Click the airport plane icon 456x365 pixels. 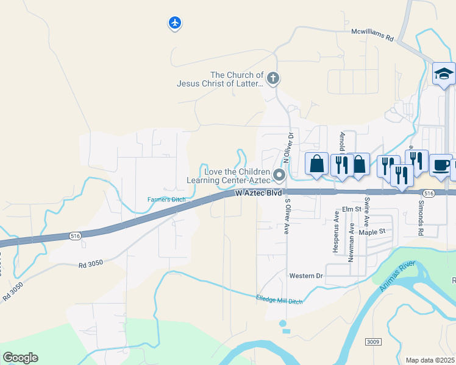pyautogui.click(x=175, y=23)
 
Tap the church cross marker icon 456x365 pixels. pyautogui.click(x=273, y=78)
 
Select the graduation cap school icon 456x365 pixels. pyautogui.click(x=444, y=74)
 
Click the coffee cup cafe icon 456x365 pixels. pyautogui.click(x=440, y=164)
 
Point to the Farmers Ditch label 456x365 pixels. pyautogui.click(x=166, y=200)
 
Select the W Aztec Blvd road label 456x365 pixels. pyautogui.click(x=258, y=193)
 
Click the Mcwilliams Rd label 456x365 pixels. pyautogui.click(x=372, y=34)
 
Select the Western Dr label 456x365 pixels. pyautogui.click(x=305, y=276)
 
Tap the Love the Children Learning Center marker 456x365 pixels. pyautogui.click(x=279, y=175)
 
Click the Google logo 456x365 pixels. pyautogui.click(x=21, y=358)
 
